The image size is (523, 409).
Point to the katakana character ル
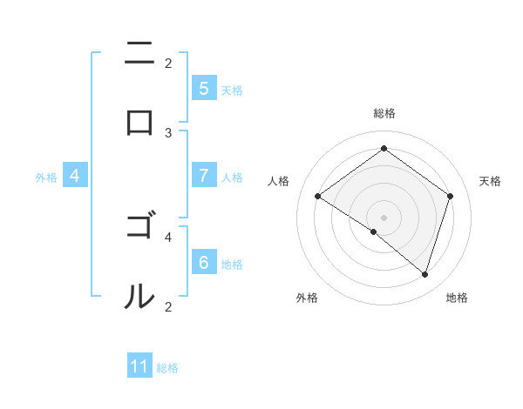(x=139, y=297)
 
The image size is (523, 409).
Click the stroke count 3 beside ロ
(x=168, y=133)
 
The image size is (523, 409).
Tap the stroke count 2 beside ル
(x=168, y=306)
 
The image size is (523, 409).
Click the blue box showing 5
(x=203, y=89)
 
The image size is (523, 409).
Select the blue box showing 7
(x=203, y=176)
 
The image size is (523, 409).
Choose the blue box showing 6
(x=203, y=263)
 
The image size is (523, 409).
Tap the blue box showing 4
(x=74, y=176)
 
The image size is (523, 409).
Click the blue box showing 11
(x=139, y=366)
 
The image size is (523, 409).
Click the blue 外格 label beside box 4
(x=46, y=178)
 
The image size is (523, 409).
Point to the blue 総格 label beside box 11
(x=167, y=368)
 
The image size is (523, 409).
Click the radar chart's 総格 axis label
(x=384, y=114)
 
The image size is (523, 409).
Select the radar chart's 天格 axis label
(x=490, y=181)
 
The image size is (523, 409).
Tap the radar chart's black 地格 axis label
(x=457, y=298)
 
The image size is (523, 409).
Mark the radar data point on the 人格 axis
(x=317, y=197)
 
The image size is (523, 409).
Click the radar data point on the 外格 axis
(x=374, y=231)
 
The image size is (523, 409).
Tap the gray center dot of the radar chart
(x=384, y=217)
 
